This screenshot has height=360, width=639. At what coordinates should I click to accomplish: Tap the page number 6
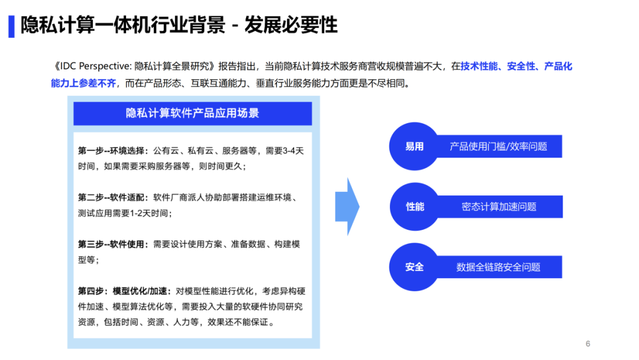(x=588, y=343)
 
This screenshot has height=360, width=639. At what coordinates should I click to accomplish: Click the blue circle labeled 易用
(x=414, y=146)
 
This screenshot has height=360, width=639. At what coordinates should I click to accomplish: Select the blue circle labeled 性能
(x=414, y=207)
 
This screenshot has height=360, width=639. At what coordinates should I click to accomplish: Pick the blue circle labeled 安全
(x=414, y=267)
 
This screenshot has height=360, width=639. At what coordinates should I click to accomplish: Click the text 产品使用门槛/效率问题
(x=498, y=146)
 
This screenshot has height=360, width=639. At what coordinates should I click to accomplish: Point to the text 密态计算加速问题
(x=499, y=207)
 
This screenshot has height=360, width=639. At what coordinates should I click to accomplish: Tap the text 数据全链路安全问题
(x=498, y=267)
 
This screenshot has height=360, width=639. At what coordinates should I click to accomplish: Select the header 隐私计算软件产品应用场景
(x=192, y=113)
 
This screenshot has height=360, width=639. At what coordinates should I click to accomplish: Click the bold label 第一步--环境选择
(x=113, y=151)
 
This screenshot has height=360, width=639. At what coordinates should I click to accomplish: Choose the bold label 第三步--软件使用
(x=113, y=245)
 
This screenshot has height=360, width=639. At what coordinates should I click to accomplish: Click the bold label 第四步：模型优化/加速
(x=124, y=291)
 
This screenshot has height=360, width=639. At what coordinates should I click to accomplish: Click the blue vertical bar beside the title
(x=11, y=26)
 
